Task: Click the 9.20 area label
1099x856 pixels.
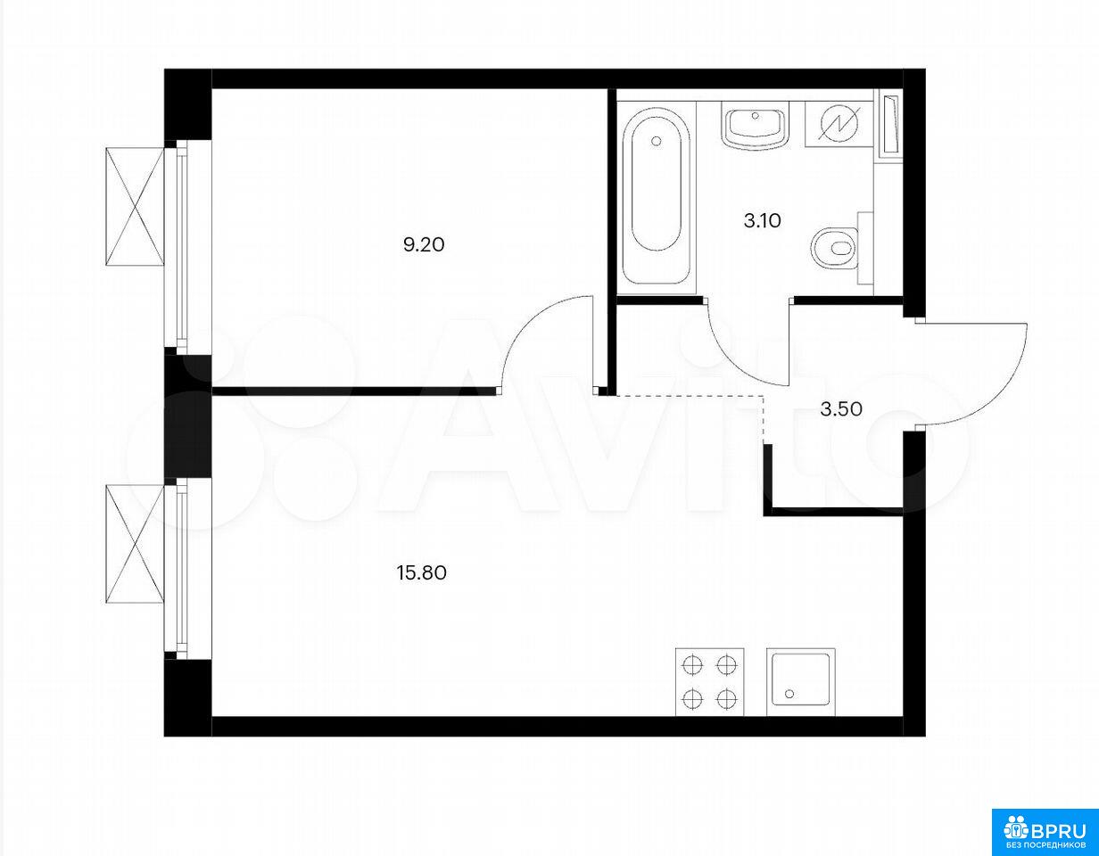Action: (x=424, y=245)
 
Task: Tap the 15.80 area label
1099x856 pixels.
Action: (x=422, y=573)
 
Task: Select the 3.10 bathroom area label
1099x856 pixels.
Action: (x=762, y=221)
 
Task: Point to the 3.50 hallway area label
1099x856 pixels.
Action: (x=841, y=409)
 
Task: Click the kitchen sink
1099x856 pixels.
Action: (x=800, y=682)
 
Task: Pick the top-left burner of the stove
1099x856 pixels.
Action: (x=692, y=665)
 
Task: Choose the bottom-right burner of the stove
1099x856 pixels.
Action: (x=726, y=699)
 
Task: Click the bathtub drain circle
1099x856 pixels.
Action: (x=657, y=141)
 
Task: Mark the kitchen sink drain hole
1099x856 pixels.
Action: (x=790, y=695)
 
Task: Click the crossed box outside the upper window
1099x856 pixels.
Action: (x=136, y=206)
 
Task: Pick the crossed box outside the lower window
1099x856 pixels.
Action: (x=136, y=544)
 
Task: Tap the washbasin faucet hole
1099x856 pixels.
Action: (x=756, y=116)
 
